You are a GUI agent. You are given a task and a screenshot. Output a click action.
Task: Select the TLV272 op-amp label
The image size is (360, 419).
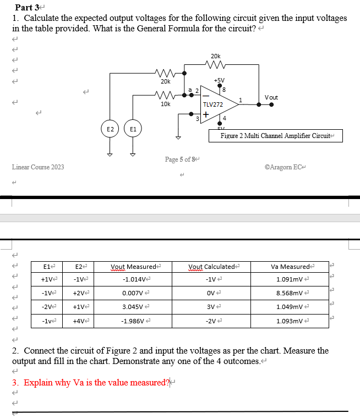[x=212, y=104]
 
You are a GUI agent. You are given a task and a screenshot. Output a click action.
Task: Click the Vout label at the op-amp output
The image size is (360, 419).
[x=271, y=97]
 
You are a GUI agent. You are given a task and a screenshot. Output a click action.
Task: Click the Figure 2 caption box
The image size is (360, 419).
[x=275, y=136]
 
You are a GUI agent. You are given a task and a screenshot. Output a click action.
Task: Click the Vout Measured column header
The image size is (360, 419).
[x=134, y=267]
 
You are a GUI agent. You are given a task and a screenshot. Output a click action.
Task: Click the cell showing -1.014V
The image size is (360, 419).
[x=134, y=279]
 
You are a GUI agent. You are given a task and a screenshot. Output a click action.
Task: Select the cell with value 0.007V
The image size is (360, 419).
[x=134, y=293]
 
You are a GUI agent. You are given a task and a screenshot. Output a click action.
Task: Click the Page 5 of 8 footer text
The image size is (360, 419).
[x=181, y=159]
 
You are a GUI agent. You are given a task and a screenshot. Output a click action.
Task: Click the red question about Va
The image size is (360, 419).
[x=90, y=383]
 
